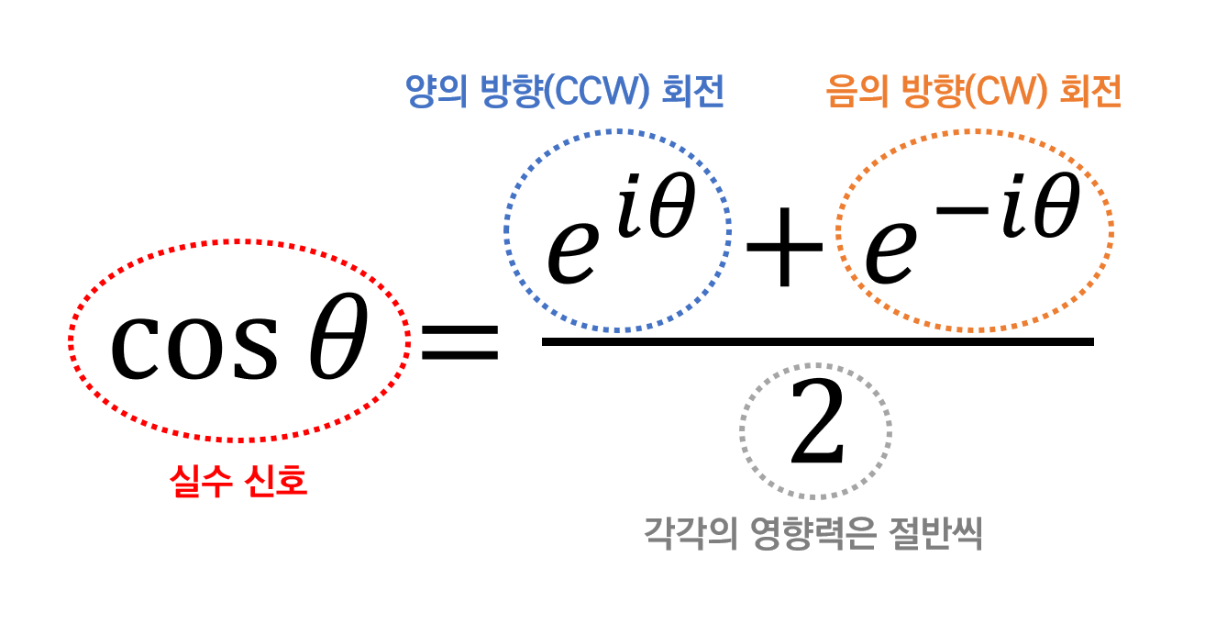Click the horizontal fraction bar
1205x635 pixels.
817,342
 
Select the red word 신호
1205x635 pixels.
278,483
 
